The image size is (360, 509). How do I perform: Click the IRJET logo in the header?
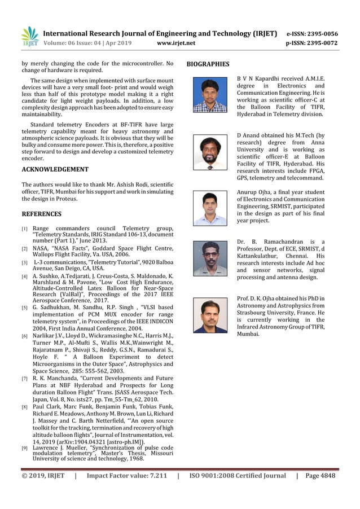click(29, 37)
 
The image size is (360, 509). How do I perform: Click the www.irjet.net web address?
click(176, 43)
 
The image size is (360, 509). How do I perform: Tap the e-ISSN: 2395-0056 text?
click(312, 34)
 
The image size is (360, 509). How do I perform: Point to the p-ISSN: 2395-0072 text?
click(312, 43)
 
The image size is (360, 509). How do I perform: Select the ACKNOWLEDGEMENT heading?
click(55, 169)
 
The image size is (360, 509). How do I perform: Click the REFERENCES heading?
click(41, 214)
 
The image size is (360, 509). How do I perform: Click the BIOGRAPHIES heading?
click(208, 64)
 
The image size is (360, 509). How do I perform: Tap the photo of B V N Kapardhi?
click(210, 94)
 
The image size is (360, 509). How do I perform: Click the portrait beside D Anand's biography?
click(210, 152)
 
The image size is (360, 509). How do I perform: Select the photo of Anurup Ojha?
click(210, 208)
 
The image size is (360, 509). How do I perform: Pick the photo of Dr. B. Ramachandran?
click(210, 258)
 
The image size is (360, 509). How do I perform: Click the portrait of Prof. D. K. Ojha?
click(210, 314)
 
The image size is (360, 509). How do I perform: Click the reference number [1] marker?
click(25, 229)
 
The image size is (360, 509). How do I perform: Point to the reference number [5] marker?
click(25, 308)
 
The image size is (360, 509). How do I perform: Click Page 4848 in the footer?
click(320, 476)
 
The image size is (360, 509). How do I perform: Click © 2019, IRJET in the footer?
click(43, 476)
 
